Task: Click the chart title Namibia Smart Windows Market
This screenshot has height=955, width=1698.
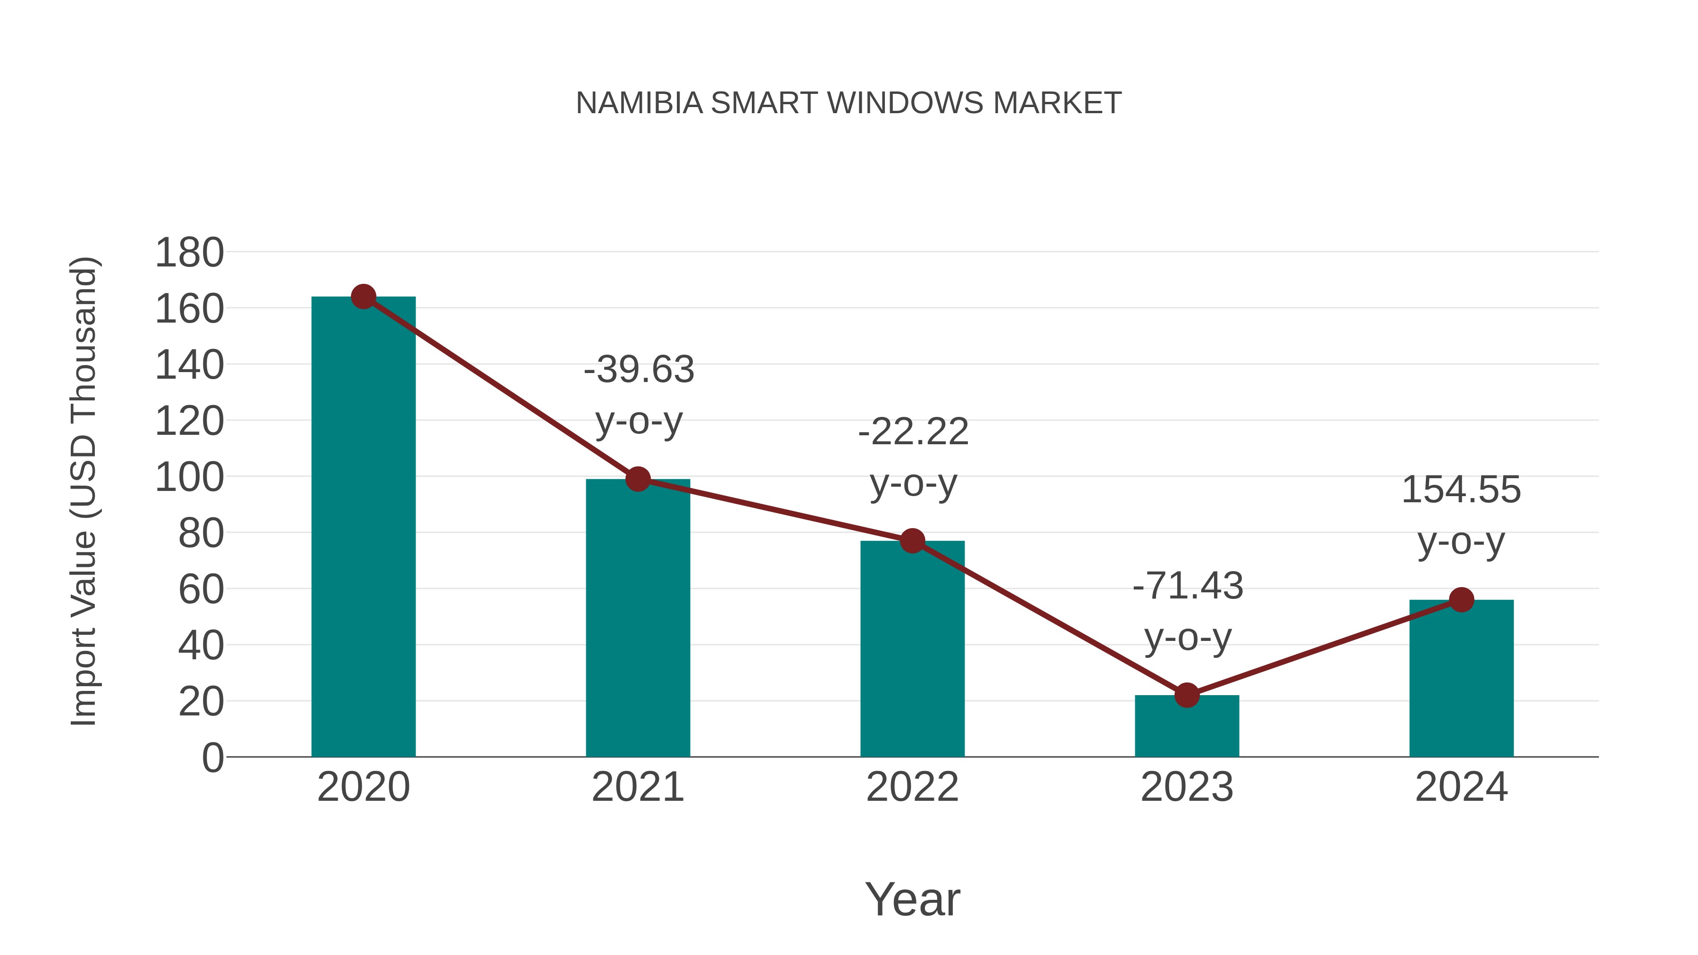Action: click(x=849, y=103)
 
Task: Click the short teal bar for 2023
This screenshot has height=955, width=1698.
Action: click(x=1187, y=726)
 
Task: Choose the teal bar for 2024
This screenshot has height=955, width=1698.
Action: click(x=1461, y=679)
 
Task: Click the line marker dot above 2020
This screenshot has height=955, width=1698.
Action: click(x=363, y=297)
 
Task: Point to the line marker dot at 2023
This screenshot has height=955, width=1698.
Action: click(x=1187, y=695)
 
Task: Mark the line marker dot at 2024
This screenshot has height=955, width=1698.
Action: click(x=1461, y=600)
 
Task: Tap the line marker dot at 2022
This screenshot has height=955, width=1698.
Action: click(x=912, y=540)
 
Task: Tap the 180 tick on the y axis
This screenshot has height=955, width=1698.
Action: click(x=189, y=253)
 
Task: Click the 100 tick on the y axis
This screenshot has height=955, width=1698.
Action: click(x=189, y=478)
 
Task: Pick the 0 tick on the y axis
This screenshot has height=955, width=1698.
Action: click(x=212, y=758)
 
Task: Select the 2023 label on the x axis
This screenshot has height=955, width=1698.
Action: click(x=1187, y=788)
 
